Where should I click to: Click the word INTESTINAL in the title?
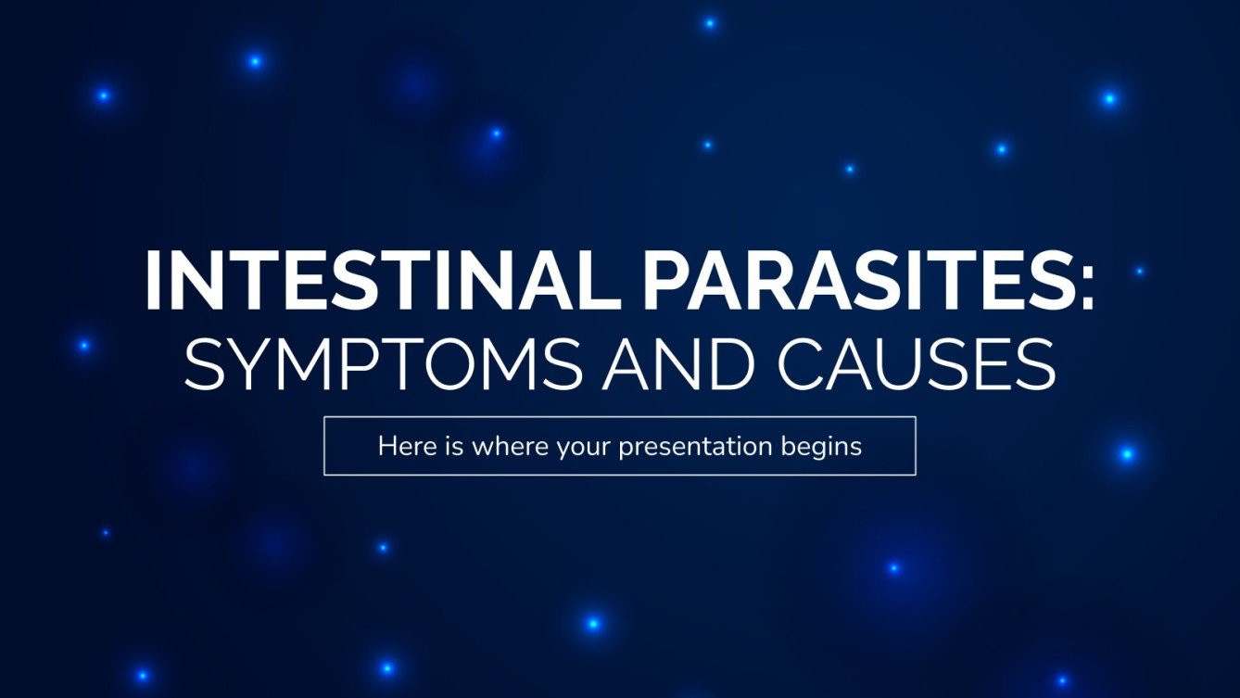[333, 280]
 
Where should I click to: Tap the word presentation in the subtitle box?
[694, 448]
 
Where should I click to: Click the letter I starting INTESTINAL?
[153, 280]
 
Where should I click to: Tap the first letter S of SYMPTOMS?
[206, 362]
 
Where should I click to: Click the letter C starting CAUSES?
[803, 362]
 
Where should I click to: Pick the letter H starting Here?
[386, 447]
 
